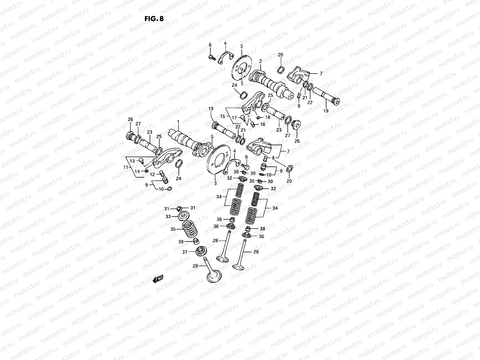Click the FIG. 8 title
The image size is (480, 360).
coord(154,19)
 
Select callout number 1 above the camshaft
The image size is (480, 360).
coord(178,122)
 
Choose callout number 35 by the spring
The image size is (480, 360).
coord(173,229)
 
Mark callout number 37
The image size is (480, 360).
coord(185,252)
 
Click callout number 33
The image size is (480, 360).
coord(168,217)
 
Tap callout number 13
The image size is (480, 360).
coord(132,161)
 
